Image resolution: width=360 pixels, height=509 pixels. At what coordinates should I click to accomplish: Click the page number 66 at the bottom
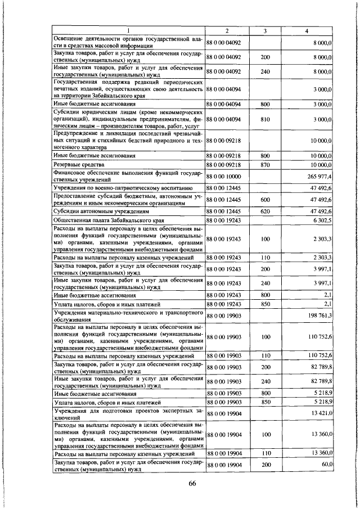tap(191, 484)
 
